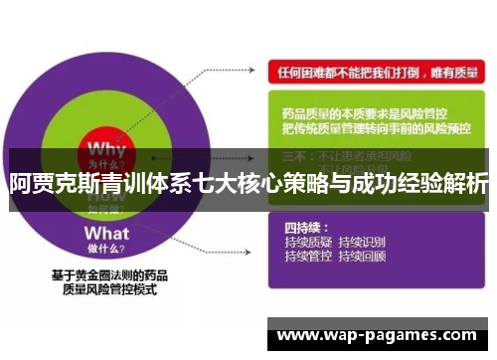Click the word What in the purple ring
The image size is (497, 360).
point(107,216)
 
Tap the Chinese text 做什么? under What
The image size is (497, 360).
point(108,235)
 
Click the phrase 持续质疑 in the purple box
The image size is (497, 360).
point(306,242)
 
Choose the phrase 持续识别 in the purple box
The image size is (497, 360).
point(363,242)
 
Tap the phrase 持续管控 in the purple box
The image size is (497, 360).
point(306,257)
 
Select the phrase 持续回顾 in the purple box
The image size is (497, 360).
point(363,257)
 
